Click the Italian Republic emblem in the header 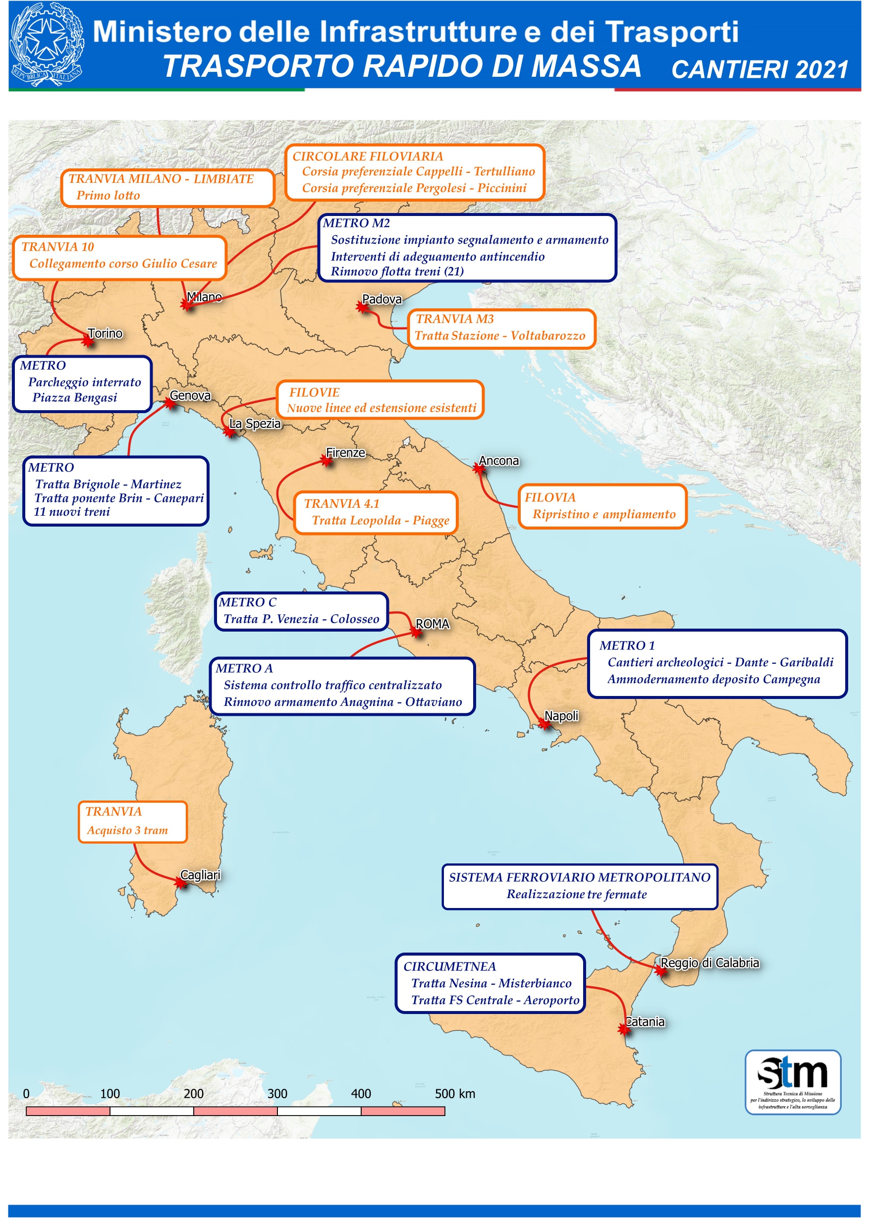47,44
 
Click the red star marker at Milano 186,305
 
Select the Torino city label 105,333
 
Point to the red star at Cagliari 181,883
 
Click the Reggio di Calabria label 709,963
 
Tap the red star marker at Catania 623,1029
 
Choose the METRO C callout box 301,611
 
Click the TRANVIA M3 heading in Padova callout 455,319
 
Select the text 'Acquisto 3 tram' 127,830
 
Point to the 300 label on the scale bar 277,1094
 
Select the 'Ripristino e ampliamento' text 603,514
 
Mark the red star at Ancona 479,469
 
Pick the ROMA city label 432,624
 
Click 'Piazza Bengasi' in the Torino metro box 74,398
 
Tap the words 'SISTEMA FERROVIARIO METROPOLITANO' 579,877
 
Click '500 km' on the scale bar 455,1094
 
